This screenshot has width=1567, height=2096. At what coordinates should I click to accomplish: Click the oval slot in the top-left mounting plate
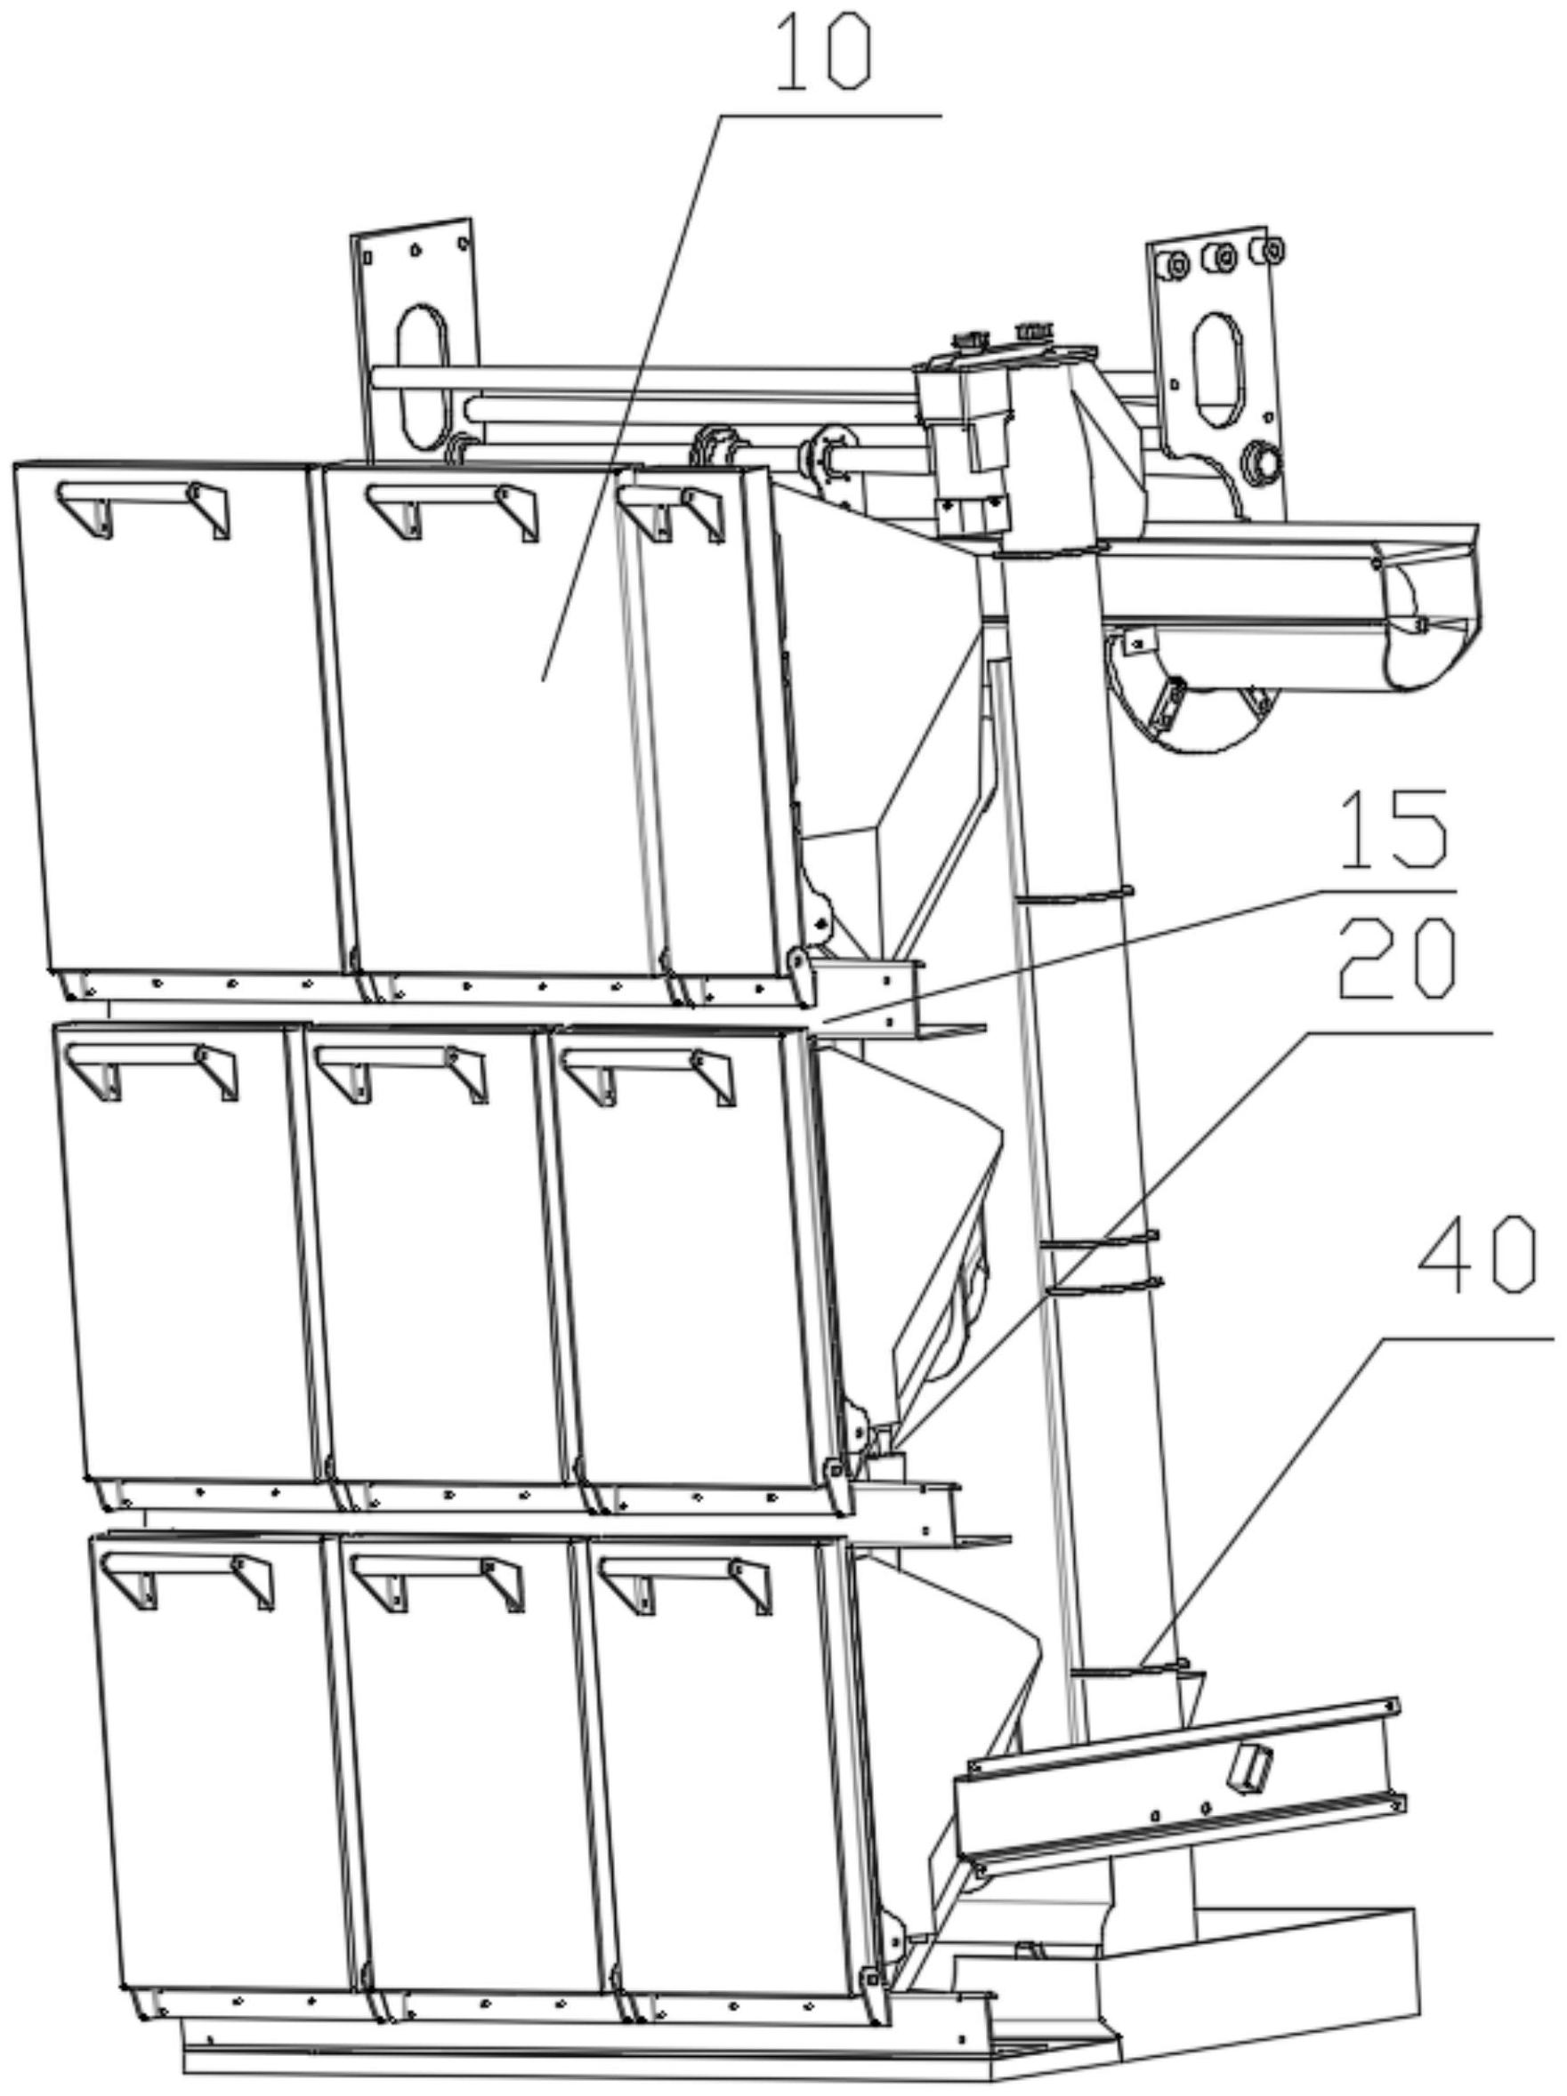point(422,376)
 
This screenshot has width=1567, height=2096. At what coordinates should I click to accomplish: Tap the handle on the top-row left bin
point(143,509)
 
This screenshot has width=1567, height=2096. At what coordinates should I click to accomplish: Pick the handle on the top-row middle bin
point(452,511)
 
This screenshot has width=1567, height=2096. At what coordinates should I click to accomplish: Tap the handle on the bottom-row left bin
point(188,1581)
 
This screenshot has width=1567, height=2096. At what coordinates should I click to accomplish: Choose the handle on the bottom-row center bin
point(437,1585)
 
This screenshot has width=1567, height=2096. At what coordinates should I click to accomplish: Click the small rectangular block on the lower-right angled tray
point(1250,1768)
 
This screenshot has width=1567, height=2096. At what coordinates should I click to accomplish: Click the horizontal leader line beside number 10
point(831,116)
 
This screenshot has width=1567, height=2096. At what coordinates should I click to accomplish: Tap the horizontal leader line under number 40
point(1464,1339)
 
